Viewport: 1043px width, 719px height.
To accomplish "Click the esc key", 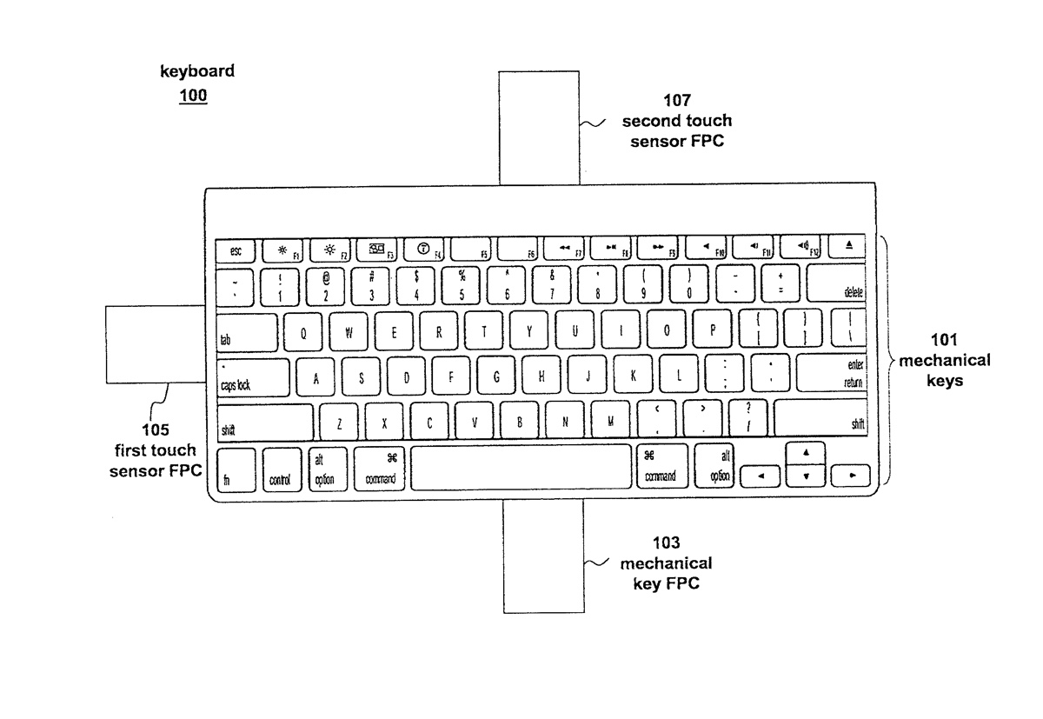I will pyautogui.click(x=236, y=250).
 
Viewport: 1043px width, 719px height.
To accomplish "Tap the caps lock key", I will pyautogui.click(x=252, y=377).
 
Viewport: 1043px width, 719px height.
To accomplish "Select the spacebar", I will pyautogui.click(x=521, y=467).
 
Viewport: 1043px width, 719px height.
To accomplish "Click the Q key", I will pyautogui.click(x=302, y=332).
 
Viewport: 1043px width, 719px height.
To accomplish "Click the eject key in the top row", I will pyautogui.click(x=849, y=248).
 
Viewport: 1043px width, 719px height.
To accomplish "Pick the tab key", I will pyautogui.click(x=246, y=331).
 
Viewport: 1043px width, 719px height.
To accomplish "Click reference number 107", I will pyautogui.click(x=676, y=101).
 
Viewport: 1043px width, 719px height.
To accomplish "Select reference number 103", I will pyautogui.click(x=665, y=545).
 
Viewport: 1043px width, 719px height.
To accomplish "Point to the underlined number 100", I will pyautogui.click(x=193, y=96).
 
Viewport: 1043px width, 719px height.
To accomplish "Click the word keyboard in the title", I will pyautogui.click(x=196, y=71).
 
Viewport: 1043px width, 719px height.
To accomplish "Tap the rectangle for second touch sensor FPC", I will pyautogui.click(x=540, y=129).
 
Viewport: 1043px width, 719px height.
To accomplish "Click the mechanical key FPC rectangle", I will pyautogui.click(x=544, y=556).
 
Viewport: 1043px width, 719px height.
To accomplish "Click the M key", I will pyautogui.click(x=610, y=423).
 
